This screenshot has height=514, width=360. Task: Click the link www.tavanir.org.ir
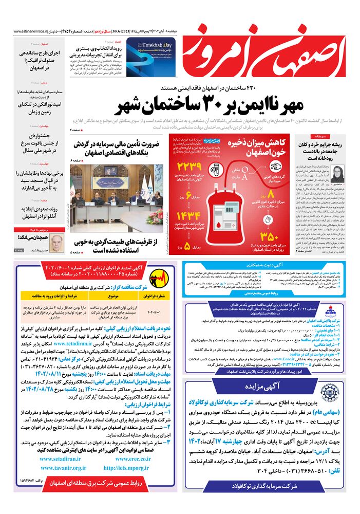[x=64, y=468]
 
